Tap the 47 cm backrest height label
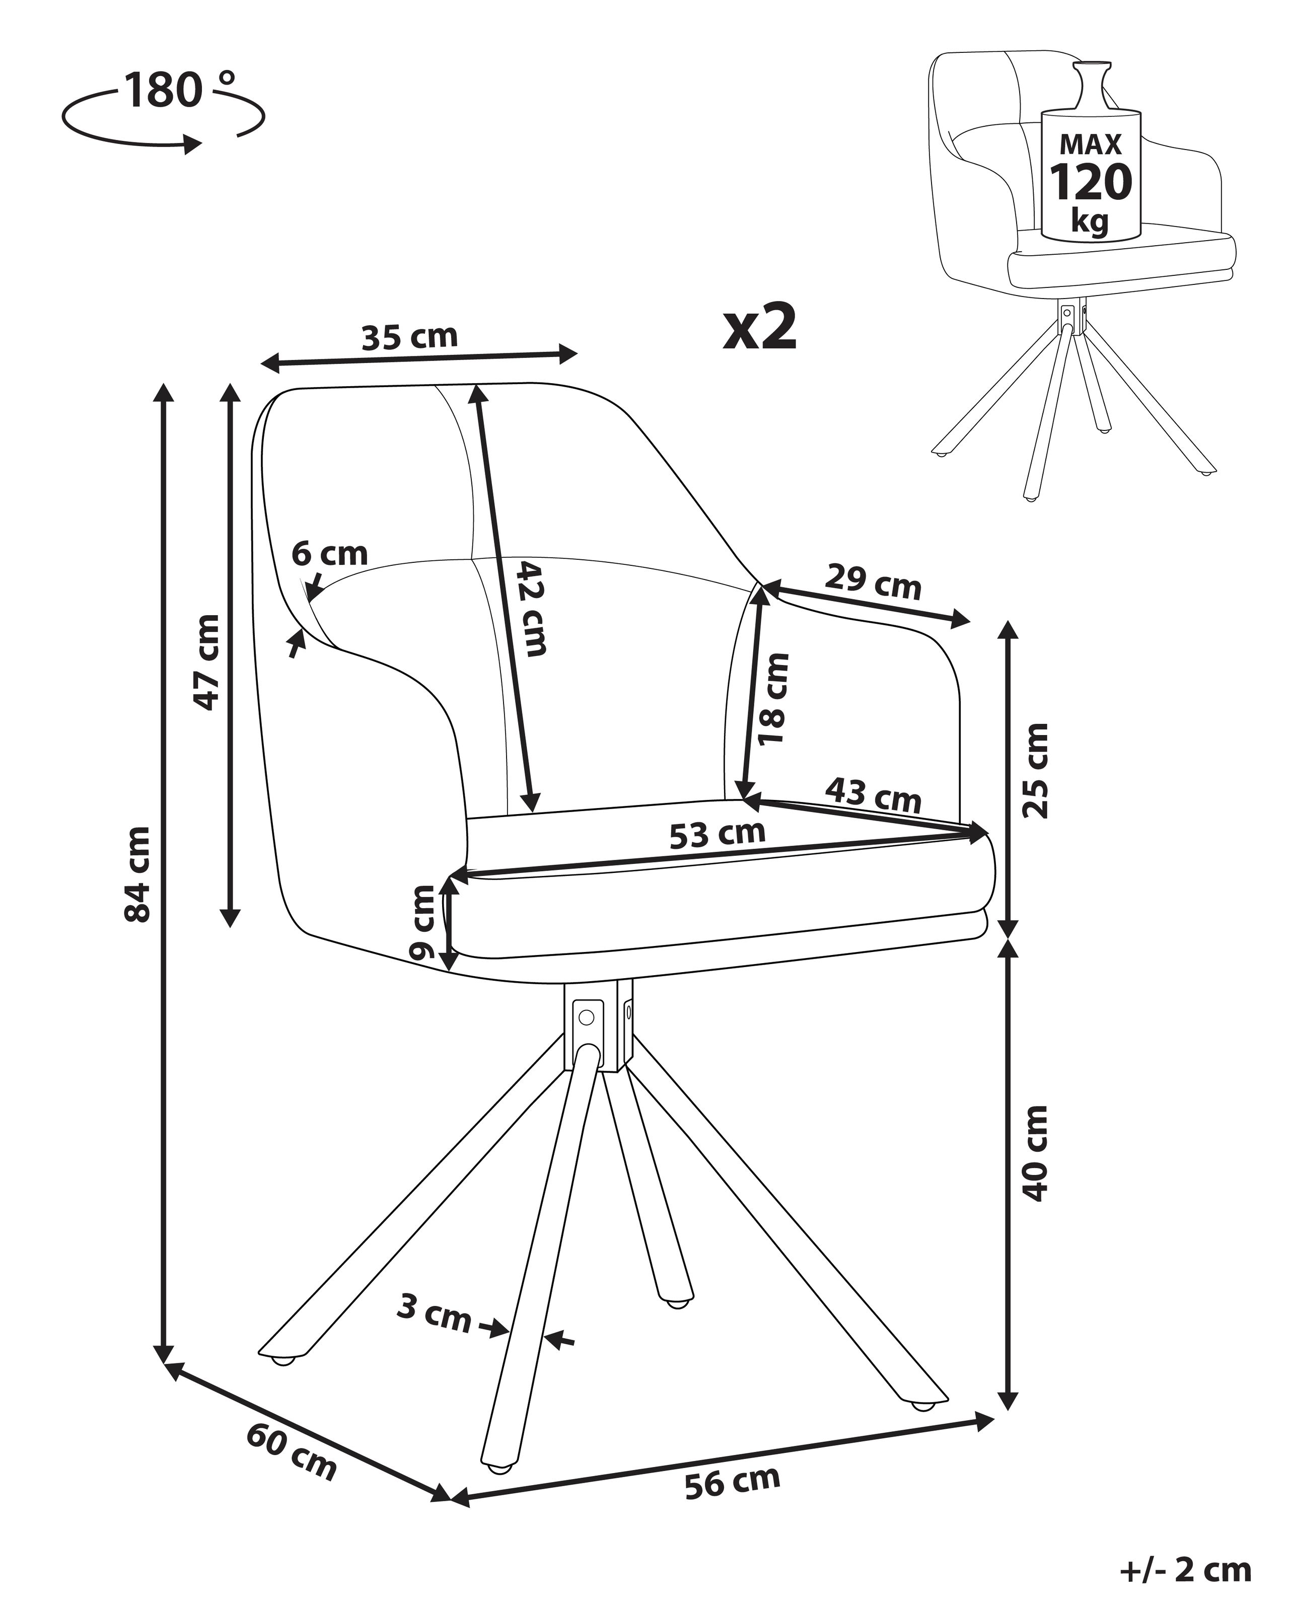click(x=207, y=662)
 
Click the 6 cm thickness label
click(x=329, y=554)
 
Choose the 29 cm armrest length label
click(x=873, y=583)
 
